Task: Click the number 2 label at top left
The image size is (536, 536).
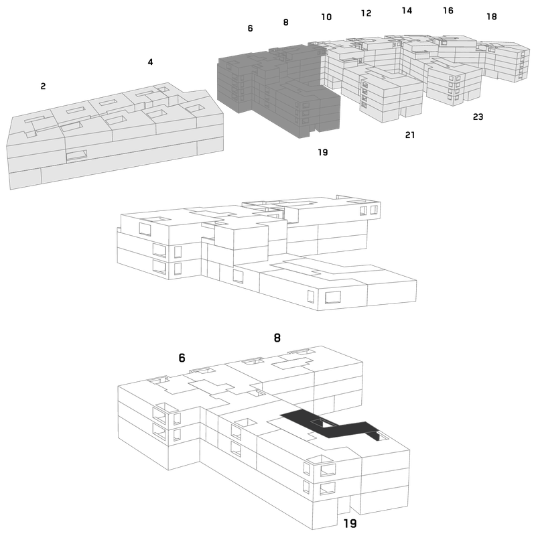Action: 43,86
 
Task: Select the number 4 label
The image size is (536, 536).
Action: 150,62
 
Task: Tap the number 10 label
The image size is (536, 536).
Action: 326,17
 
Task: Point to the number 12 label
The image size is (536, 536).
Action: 366,13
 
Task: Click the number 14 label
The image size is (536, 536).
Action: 407,11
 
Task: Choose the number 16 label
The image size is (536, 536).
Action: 448,11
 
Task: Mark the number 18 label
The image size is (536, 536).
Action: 492,16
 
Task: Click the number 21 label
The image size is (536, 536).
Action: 410,135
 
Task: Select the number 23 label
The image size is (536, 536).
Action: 478,117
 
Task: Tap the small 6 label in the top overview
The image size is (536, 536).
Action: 250,28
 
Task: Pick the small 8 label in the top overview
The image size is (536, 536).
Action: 286,22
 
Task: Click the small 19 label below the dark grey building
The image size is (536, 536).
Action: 323,152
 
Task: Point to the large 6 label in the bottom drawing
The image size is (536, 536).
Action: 182,358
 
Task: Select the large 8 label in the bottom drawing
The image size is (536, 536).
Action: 277,338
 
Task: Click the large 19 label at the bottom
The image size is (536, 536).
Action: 350,523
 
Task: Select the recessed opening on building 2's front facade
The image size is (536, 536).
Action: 76,155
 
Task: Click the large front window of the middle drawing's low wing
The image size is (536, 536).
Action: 332,297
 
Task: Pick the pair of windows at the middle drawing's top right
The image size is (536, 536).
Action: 368,210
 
